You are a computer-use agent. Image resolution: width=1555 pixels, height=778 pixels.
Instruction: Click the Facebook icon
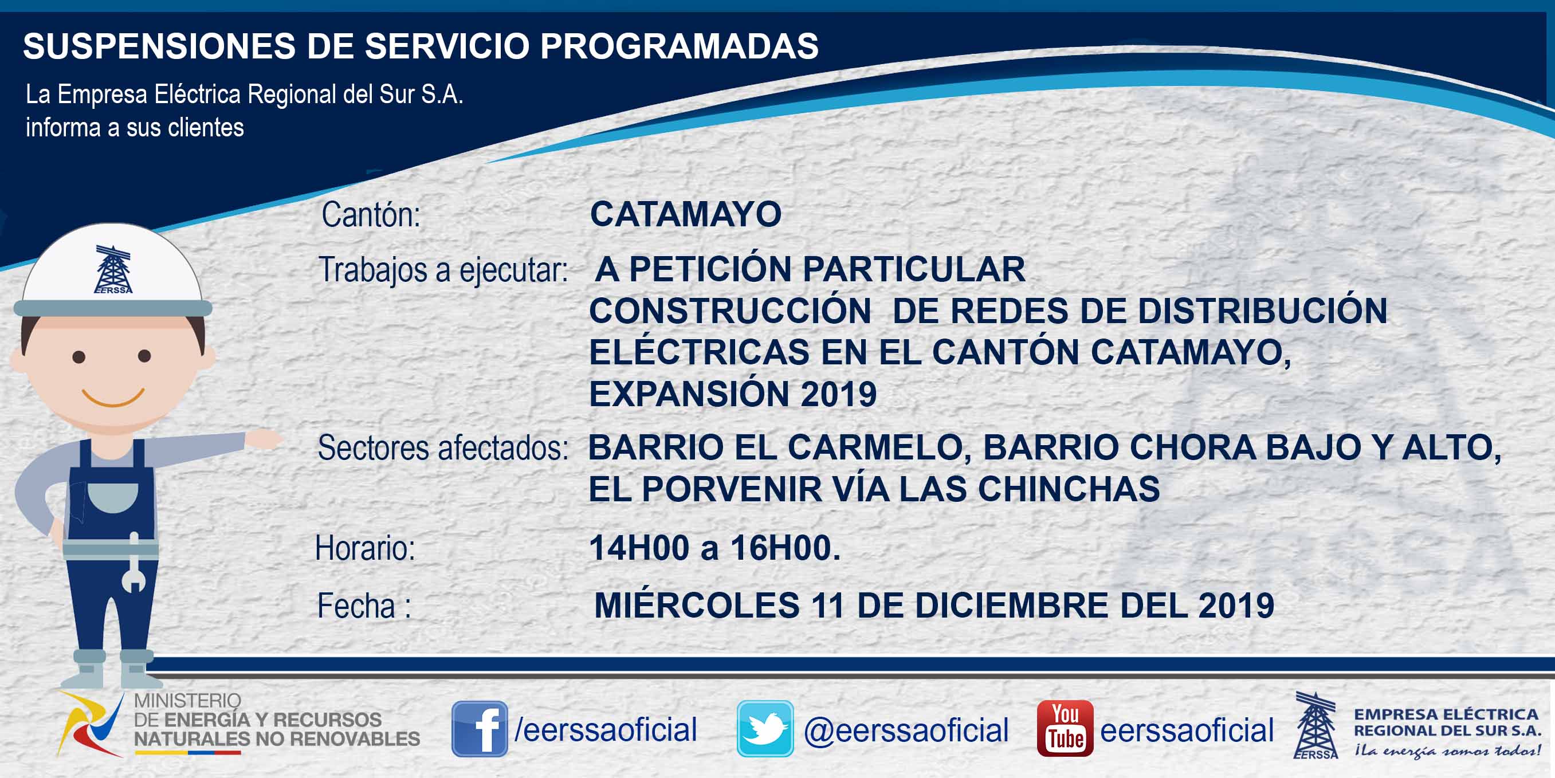point(480,729)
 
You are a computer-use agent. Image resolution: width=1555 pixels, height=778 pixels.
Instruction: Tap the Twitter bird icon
point(765,729)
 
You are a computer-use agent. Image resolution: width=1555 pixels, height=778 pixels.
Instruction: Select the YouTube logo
point(1065,729)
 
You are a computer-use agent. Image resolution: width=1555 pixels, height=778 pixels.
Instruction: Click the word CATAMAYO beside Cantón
point(686,214)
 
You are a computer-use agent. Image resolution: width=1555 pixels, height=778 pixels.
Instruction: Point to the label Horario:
point(365,549)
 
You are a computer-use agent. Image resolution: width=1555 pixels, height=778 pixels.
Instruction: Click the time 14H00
point(639,548)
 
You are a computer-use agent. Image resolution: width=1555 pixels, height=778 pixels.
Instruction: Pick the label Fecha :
point(364,606)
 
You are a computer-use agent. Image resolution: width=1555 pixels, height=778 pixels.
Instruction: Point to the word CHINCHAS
point(1069,489)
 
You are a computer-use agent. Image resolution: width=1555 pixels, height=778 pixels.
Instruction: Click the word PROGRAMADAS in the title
point(679,46)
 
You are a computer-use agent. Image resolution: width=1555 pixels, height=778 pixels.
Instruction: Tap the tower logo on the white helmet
point(113,269)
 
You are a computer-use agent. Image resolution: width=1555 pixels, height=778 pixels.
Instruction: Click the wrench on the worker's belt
point(134,563)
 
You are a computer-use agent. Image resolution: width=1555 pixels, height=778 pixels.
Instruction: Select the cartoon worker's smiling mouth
point(113,398)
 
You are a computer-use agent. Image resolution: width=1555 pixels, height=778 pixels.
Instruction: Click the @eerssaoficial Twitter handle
point(906,730)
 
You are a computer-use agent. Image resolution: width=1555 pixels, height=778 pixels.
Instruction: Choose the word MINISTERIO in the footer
point(187,701)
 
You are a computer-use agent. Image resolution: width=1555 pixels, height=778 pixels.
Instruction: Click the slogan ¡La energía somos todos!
point(1447,751)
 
